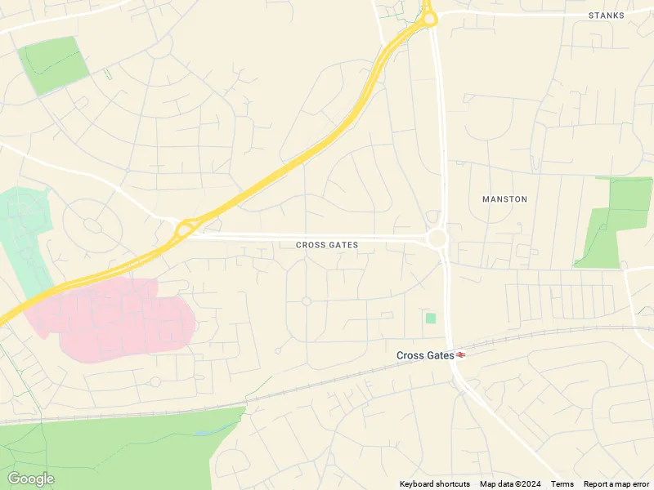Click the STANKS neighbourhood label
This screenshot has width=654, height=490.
pos(607,16)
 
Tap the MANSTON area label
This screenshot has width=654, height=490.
pos(504,199)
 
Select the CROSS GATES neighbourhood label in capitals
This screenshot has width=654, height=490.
pos(327,245)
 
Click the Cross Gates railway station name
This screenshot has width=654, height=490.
pos(424,355)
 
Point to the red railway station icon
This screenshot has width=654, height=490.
pos(462,355)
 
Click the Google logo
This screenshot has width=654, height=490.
pos(30,479)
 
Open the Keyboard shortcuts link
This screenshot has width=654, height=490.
pos(435,484)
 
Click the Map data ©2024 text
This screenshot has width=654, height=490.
pos(511,484)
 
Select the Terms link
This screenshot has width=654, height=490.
pos(562,484)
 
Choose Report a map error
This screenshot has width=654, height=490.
pos(617,484)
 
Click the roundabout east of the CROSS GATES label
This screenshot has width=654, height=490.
pos(437,238)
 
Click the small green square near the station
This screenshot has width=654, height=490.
pos(431,318)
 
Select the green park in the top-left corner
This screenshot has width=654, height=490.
pos(53,64)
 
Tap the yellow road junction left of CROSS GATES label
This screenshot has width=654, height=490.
pos(185,228)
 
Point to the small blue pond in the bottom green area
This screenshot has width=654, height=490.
pos(204,431)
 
